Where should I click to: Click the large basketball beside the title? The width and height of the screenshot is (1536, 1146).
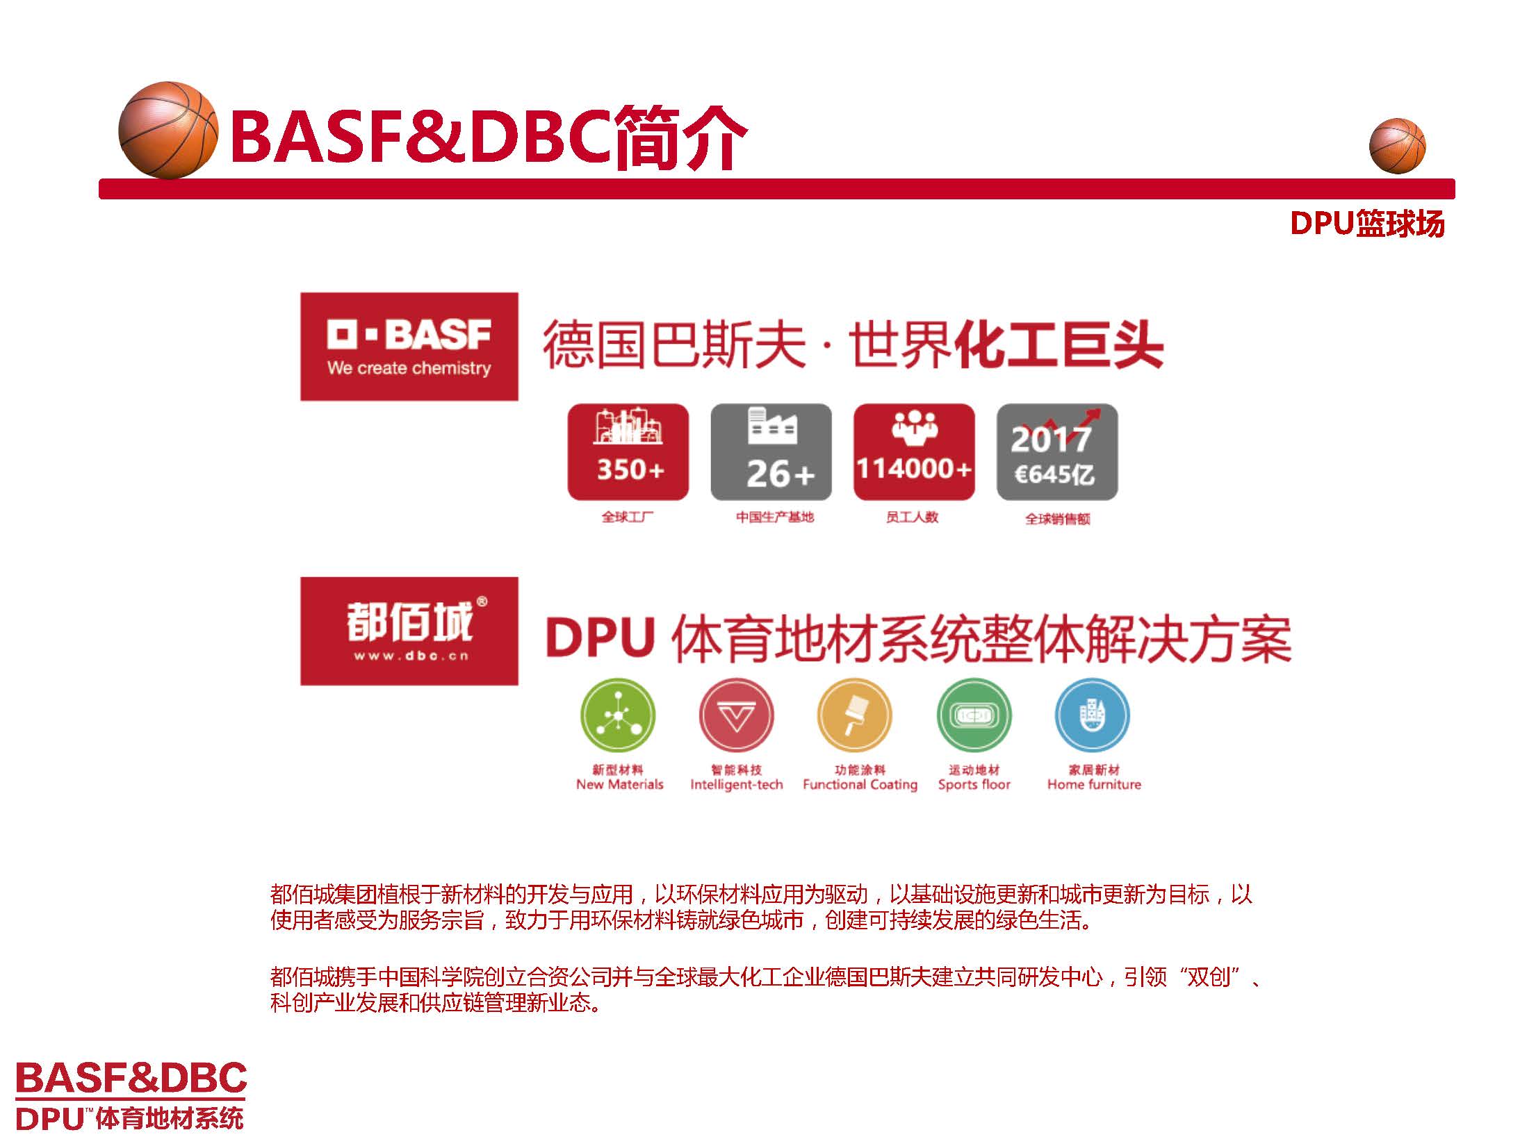click(x=168, y=130)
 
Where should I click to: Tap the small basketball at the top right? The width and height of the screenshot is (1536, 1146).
click(x=1397, y=146)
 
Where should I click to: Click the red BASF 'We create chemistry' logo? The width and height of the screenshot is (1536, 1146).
click(x=409, y=347)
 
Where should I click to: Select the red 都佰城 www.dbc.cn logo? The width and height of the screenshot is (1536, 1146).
click(x=409, y=631)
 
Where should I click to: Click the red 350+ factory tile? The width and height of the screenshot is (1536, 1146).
click(x=628, y=451)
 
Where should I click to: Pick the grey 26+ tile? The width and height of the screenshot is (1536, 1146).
click(x=771, y=451)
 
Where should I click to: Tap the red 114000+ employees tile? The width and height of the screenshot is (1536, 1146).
click(x=914, y=451)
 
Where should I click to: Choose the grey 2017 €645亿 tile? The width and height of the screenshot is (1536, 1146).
click(x=1056, y=451)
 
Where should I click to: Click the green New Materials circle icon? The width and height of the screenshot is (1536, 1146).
click(x=618, y=716)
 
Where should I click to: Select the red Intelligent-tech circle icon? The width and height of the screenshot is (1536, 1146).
click(x=736, y=716)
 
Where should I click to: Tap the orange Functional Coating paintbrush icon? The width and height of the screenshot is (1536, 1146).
click(x=854, y=716)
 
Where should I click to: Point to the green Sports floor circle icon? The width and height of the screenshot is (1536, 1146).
click(x=974, y=716)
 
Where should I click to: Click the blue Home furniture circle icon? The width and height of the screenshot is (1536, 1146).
click(x=1093, y=716)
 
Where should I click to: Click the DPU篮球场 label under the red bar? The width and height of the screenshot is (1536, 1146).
click(x=1366, y=224)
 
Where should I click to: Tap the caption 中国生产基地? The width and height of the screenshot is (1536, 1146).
click(x=774, y=517)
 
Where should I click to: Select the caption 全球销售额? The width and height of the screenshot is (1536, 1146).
click(x=1057, y=519)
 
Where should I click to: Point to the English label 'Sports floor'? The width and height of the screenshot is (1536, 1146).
click(x=974, y=785)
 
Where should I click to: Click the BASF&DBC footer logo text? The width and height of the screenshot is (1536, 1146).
click(x=131, y=1077)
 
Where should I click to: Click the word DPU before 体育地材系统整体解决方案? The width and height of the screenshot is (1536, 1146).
click(x=600, y=638)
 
